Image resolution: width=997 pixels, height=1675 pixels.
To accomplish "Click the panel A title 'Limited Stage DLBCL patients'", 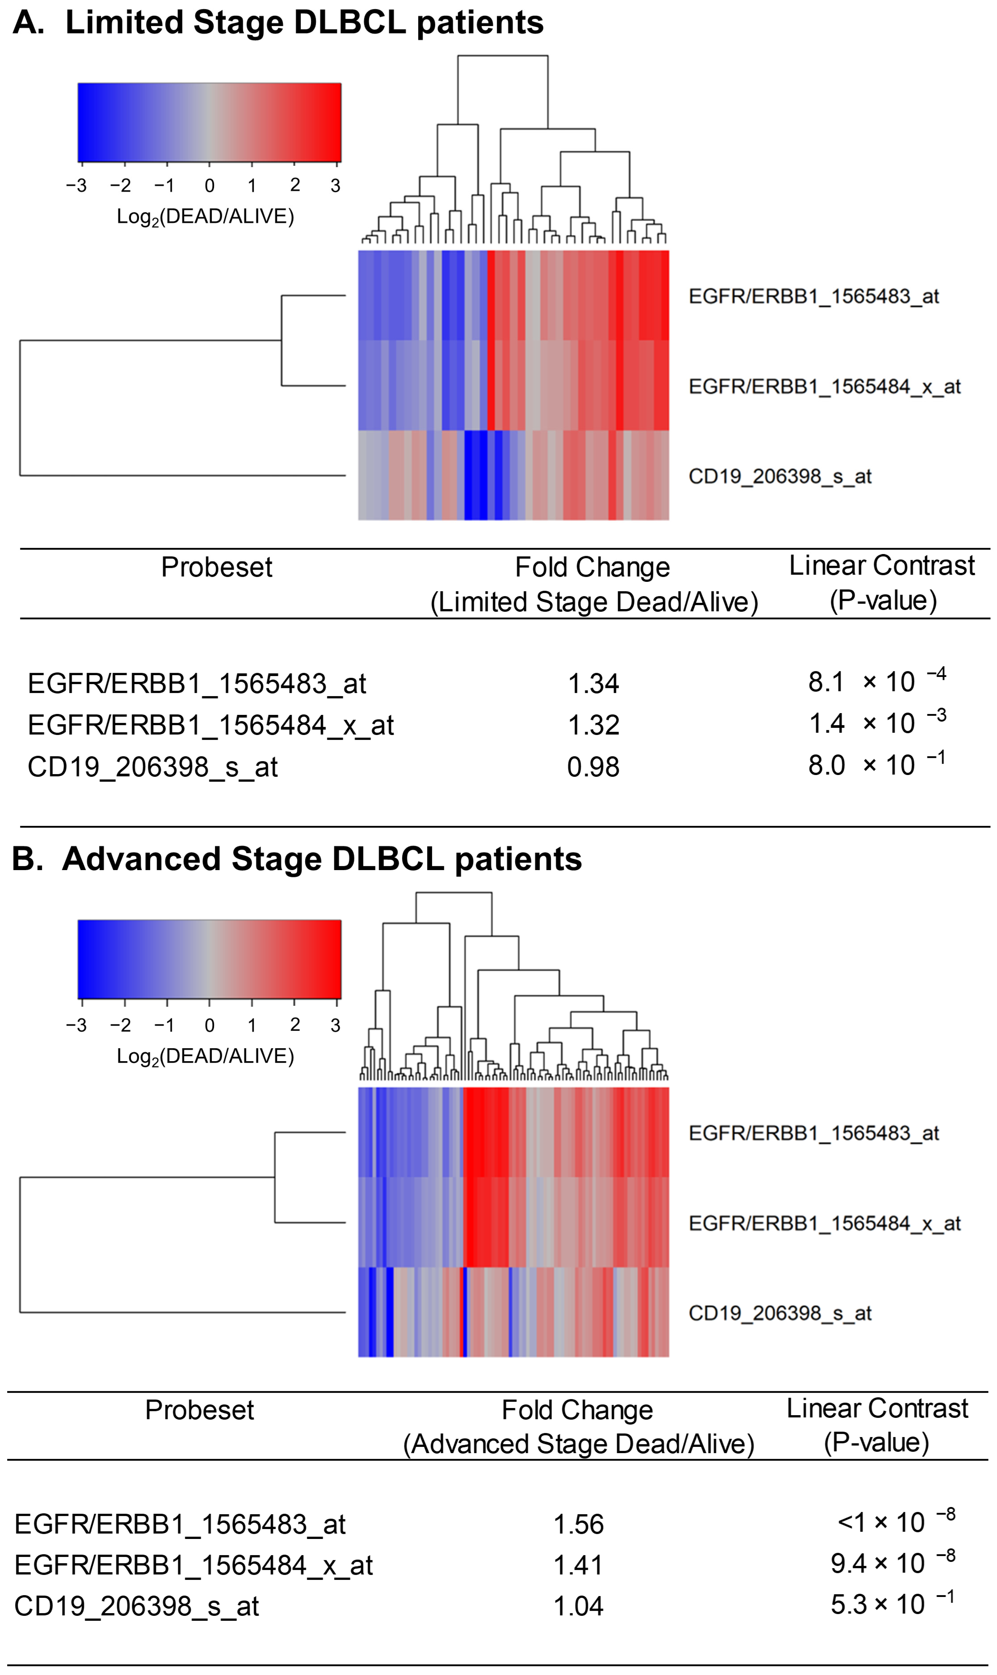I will [x=304, y=23].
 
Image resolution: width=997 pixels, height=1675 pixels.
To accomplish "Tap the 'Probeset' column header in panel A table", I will [x=216, y=568].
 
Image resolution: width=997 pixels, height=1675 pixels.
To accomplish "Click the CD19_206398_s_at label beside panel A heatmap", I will [x=779, y=476].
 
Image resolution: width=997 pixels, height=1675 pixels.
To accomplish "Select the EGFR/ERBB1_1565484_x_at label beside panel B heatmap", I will [x=824, y=1224].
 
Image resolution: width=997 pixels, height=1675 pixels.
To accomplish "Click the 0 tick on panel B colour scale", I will [x=210, y=1025].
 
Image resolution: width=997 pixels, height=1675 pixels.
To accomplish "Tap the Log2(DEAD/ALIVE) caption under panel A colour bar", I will [x=205, y=217].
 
